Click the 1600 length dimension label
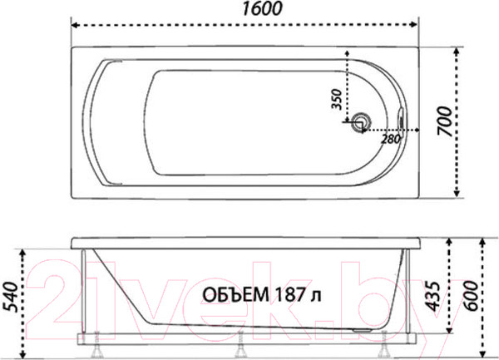[262, 8]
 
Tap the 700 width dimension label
[445, 122]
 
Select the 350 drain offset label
[336, 100]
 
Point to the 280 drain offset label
[390, 139]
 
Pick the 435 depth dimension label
[432, 296]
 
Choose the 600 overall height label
[472, 296]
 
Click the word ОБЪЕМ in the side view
[235, 295]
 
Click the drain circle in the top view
[362, 122]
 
